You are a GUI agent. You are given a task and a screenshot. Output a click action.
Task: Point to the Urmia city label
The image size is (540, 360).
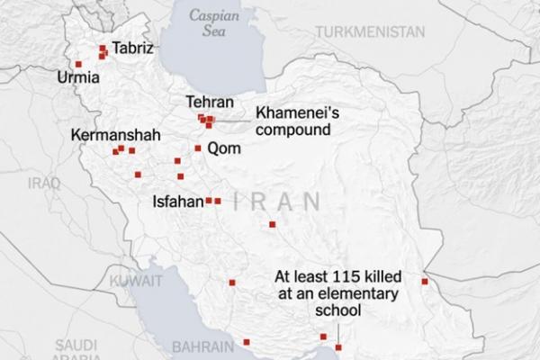click(x=77, y=78)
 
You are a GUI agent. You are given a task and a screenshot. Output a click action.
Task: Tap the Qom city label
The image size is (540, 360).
click(x=224, y=148)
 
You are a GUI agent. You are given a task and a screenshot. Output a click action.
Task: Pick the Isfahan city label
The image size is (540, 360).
click(x=180, y=202)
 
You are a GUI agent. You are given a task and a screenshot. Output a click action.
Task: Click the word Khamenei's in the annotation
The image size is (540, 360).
click(x=292, y=113)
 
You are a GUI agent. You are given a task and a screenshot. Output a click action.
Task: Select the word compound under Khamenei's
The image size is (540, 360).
click(x=293, y=130)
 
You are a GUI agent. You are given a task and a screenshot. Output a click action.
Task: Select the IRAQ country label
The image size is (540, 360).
click(x=42, y=183)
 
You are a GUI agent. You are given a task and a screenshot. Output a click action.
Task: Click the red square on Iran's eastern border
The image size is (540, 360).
click(x=425, y=283)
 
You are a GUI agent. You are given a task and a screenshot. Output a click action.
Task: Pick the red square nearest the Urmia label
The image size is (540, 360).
click(x=78, y=64)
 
